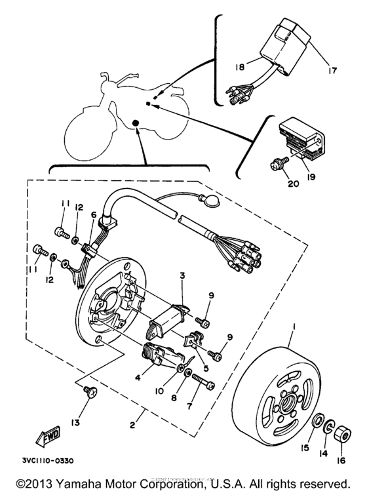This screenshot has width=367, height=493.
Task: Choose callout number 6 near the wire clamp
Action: coord(94,214)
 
